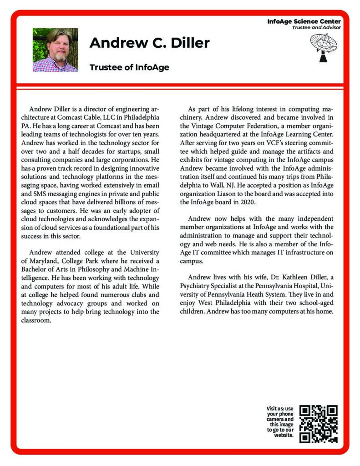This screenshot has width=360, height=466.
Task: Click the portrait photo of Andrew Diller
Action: click(x=55, y=50)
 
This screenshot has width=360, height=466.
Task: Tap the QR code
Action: click(x=319, y=424)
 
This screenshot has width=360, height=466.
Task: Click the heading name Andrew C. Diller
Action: click(x=149, y=43)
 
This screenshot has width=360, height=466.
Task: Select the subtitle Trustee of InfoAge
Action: click(x=129, y=67)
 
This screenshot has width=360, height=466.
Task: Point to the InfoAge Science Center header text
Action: click(x=304, y=21)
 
